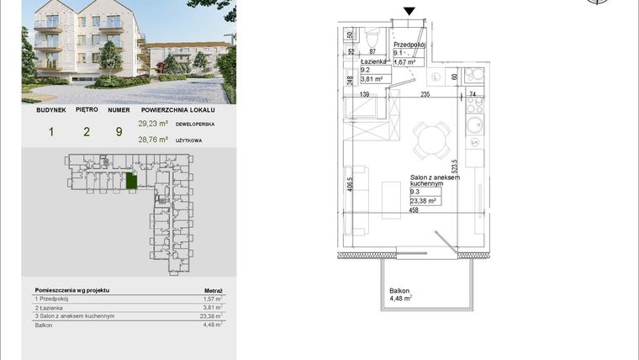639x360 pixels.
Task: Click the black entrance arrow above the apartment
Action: coord(409,11)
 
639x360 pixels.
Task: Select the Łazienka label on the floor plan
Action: coord(373,61)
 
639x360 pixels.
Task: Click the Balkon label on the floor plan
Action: coord(399,290)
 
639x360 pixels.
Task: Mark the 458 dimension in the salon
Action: coord(413,210)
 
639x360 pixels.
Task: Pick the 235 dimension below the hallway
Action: coord(425,95)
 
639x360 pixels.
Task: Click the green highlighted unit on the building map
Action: coord(129,181)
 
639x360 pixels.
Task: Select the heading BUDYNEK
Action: coord(51,109)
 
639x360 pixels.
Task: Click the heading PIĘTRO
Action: coord(87,109)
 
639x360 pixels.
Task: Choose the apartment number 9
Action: coord(119,130)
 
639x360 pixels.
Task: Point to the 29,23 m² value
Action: coord(153,123)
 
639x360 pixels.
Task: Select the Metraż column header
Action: coord(214,289)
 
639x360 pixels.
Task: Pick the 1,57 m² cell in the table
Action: coord(214,299)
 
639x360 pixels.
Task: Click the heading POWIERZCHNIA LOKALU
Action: coord(178,109)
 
